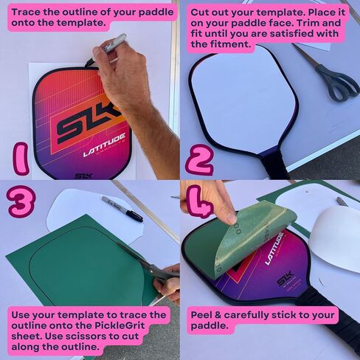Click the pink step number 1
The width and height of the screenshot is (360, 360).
21,159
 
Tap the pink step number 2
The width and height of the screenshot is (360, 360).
200,159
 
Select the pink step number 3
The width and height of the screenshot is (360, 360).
21,201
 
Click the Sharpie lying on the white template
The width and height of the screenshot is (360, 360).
122,209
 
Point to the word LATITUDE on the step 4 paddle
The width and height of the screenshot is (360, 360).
274,249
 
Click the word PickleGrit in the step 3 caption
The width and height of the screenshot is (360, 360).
120,325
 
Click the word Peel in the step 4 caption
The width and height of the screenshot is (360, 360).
201,315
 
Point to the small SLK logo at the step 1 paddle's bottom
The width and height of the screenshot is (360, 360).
83,176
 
